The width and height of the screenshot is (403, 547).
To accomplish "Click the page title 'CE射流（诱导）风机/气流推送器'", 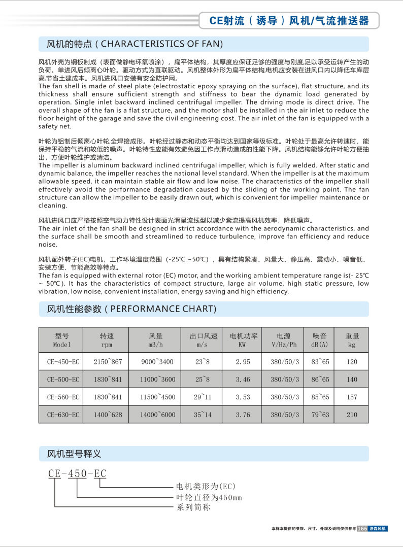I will [x=289, y=21].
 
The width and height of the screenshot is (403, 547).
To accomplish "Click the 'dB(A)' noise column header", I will [x=320, y=340].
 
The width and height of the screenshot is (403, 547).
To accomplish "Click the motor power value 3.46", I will [x=243, y=380].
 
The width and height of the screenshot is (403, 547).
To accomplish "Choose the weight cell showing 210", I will [x=352, y=415].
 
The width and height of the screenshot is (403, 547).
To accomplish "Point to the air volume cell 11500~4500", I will [x=157, y=397].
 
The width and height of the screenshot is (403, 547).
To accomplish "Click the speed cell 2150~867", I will [x=108, y=362].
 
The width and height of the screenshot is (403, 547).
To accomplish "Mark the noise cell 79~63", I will [x=320, y=415].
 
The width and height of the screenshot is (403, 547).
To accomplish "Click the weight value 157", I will [x=352, y=397].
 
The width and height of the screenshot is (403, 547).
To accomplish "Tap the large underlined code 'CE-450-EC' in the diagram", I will [x=77, y=474].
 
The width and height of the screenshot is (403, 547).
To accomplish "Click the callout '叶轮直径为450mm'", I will [x=209, y=497].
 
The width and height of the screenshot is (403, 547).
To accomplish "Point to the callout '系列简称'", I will [x=193, y=507].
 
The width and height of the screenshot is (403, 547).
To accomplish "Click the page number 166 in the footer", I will [x=362, y=528].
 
